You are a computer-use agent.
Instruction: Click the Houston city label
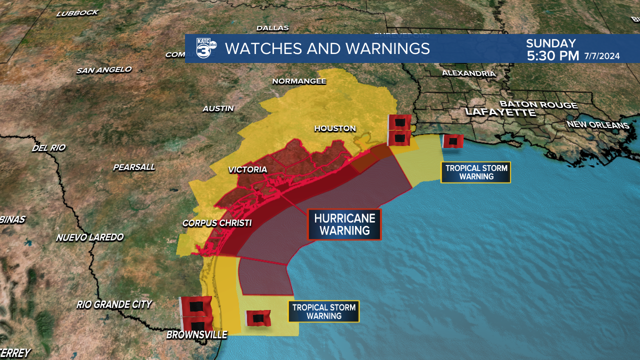tap(335, 128)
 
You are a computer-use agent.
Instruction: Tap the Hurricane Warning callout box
tap(344, 224)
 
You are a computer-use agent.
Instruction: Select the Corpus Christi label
tap(217, 223)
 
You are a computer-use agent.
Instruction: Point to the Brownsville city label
tap(196, 334)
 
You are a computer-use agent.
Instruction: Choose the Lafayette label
tap(500, 112)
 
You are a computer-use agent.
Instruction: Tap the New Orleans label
tap(597, 124)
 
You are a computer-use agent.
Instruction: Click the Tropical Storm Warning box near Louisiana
tap(475, 172)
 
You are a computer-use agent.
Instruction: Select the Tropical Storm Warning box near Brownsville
tap(323, 311)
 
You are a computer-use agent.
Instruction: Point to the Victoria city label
tap(247, 170)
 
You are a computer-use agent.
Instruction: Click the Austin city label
tap(218, 108)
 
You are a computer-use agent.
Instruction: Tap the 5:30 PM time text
tap(552, 56)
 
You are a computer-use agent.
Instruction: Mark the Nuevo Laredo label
tap(89, 237)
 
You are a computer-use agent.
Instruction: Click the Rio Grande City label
tap(114, 304)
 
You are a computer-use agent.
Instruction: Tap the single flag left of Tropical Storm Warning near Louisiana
tap(453, 141)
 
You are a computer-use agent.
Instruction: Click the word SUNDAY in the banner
tap(551, 43)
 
